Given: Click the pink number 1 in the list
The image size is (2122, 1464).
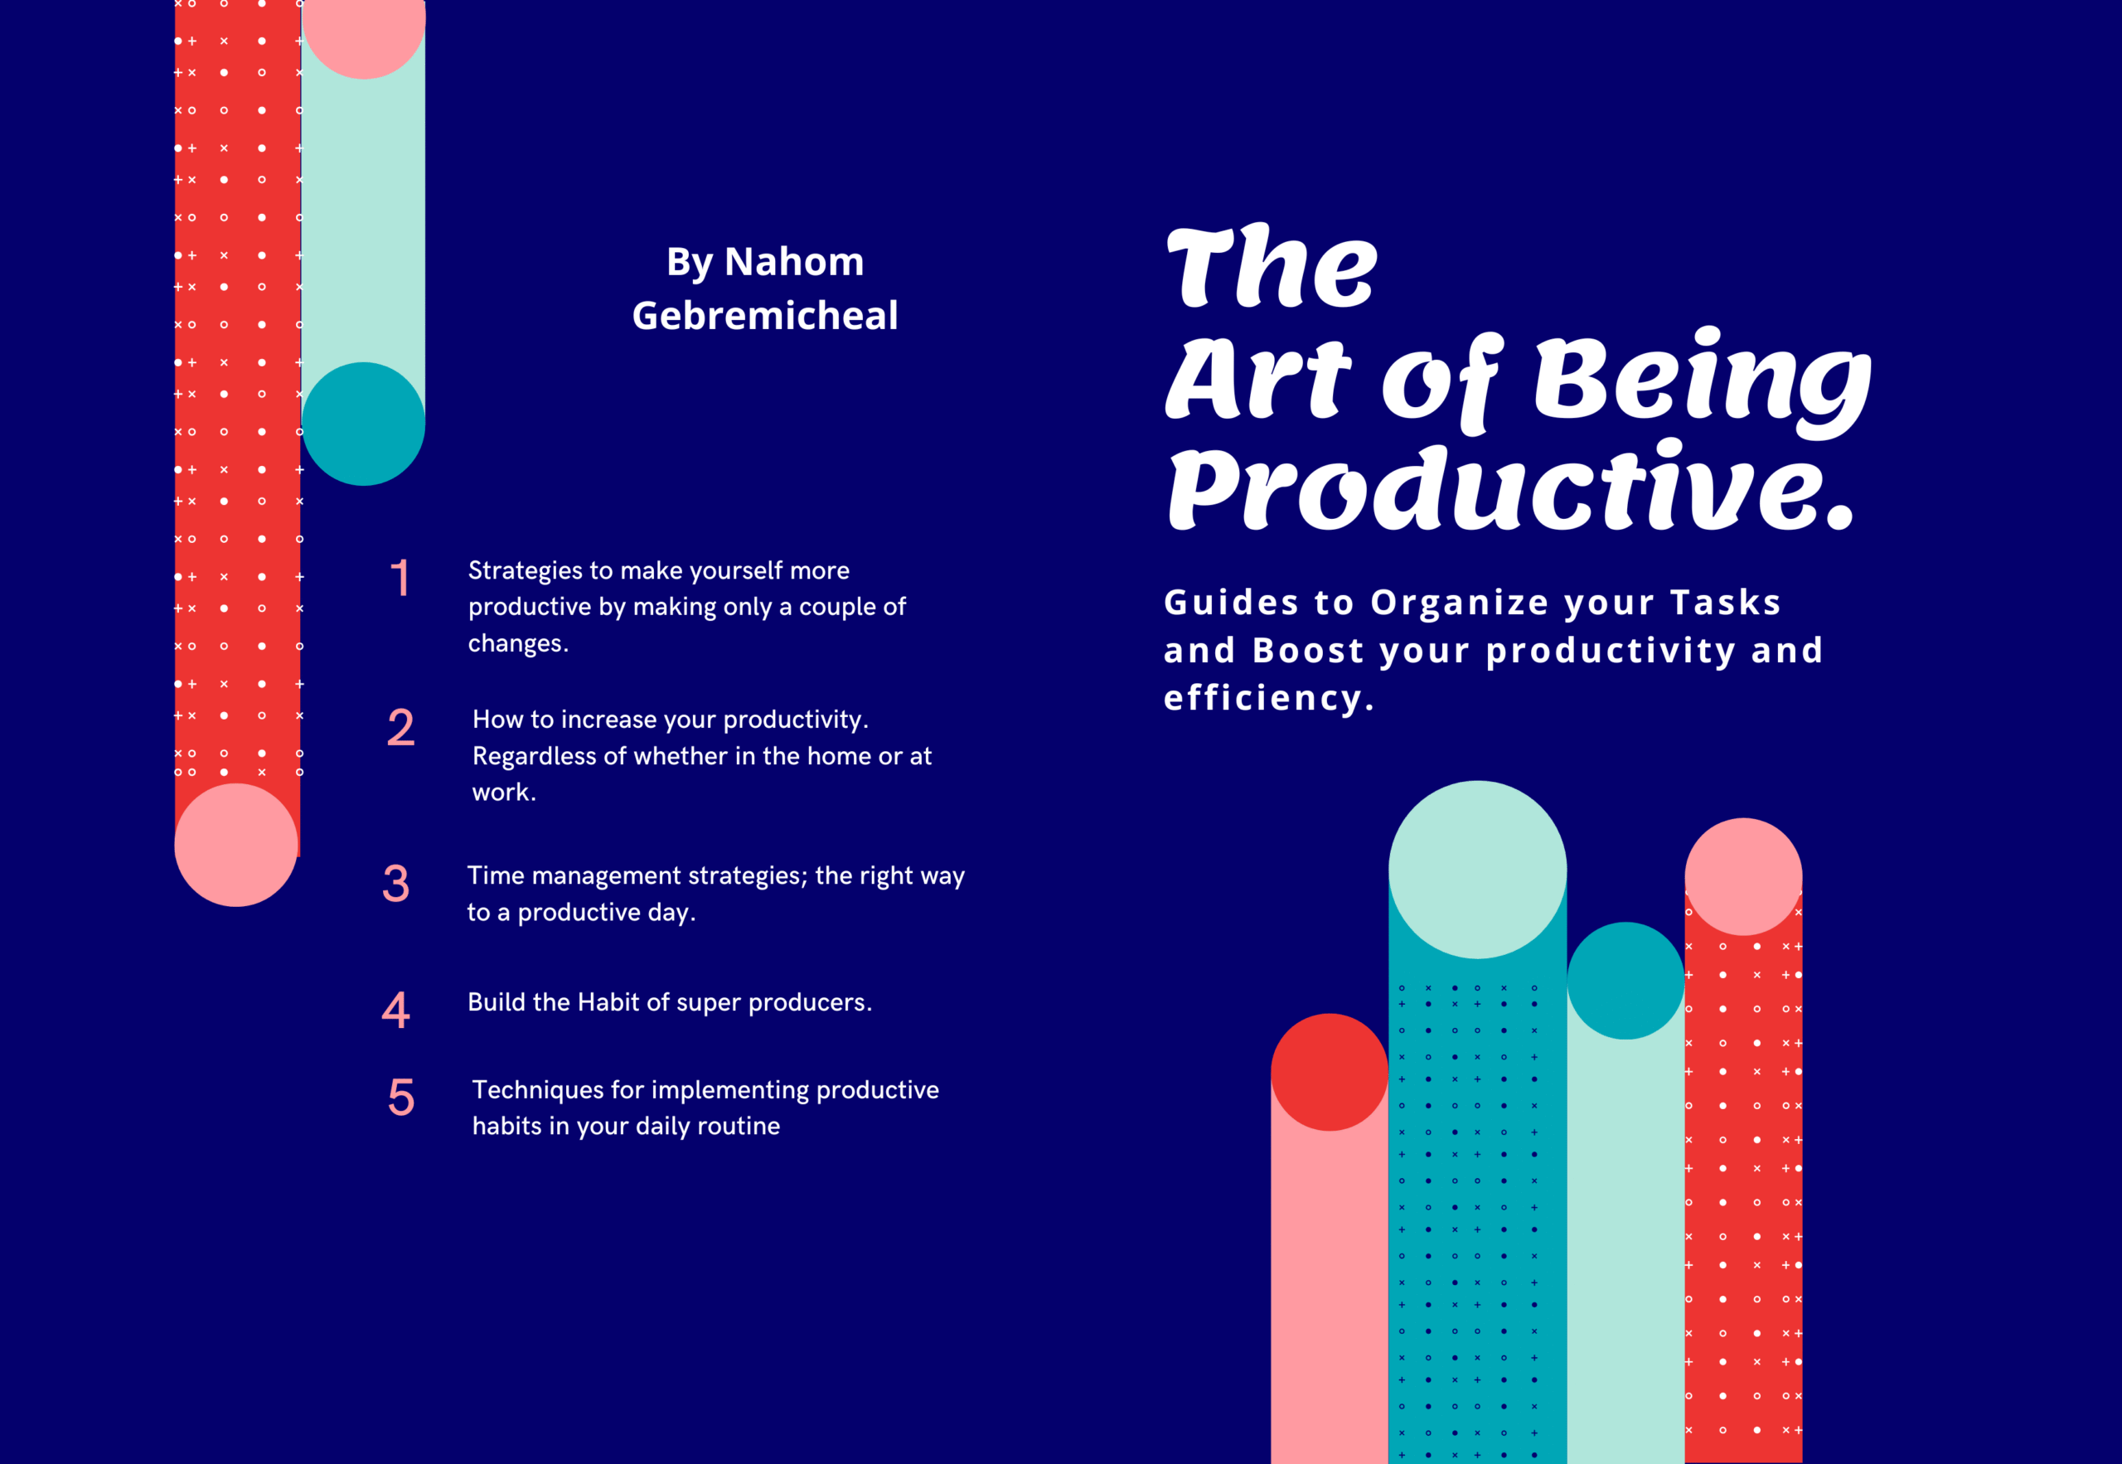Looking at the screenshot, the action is [x=400, y=578].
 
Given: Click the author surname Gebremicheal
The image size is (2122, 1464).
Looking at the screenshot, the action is [x=765, y=316].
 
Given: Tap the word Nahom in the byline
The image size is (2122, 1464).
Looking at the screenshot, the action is [x=794, y=262].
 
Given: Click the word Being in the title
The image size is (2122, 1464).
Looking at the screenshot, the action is [x=1701, y=381].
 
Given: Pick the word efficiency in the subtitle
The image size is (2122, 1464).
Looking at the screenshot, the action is [x=1269, y=698].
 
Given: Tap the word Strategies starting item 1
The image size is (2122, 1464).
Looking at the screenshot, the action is [x=526, y=570].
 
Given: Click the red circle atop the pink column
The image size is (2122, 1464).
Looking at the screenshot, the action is [x=1330, y=1073].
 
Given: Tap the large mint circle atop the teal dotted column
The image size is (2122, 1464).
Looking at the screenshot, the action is [x=1477, y=870].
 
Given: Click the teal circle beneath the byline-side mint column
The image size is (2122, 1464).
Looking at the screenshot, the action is [x=363, y=424].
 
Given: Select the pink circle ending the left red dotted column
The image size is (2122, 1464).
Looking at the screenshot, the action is [x=236, y=845].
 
